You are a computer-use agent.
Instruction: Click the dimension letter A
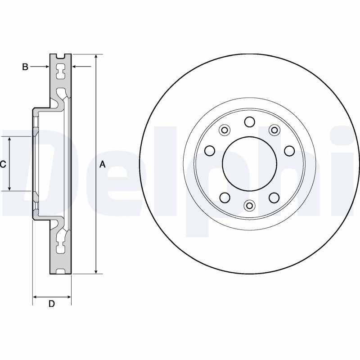tap(102, 165)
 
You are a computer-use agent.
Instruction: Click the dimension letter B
tap(25, 67)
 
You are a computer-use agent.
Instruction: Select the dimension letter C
tap(3, 165)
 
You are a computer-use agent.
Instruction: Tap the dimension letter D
tap(51, 304)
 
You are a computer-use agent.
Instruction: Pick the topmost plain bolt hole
tap(249, 122)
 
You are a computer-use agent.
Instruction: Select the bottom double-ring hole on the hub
tap(249, 205)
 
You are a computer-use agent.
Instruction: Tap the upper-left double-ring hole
tap(224, 130)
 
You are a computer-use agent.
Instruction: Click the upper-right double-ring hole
tap(273, 130)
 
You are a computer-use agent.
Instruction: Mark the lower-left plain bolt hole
tap(225, 197)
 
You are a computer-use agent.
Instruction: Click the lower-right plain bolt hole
tap(273, 197)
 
